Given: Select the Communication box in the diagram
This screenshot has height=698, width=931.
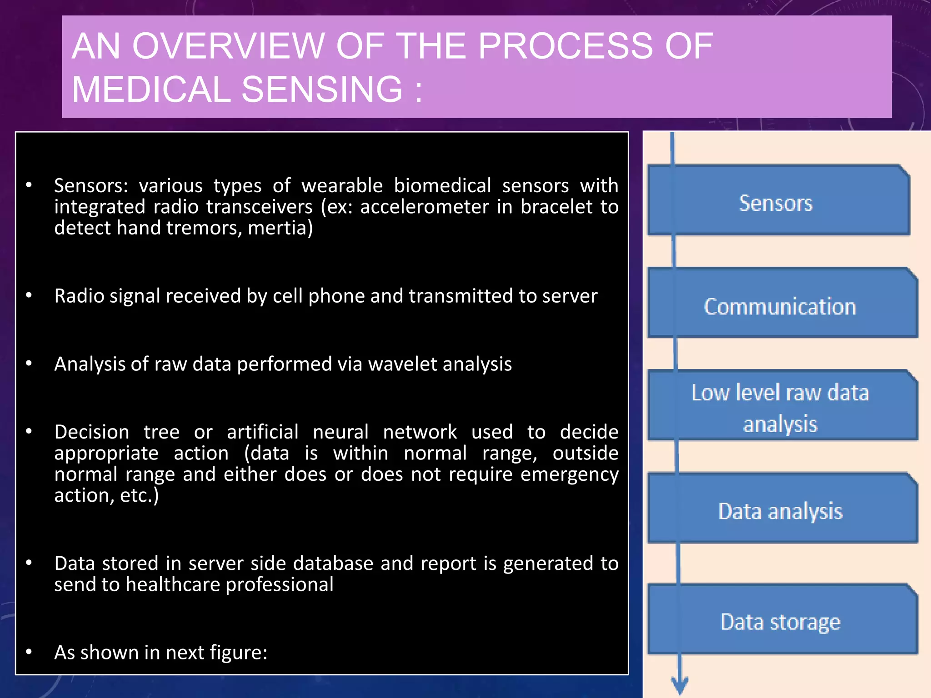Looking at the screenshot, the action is (782, 304).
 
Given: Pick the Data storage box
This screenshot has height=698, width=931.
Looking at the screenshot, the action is (782, 620).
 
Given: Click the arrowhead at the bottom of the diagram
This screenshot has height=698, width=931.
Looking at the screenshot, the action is (680, 684).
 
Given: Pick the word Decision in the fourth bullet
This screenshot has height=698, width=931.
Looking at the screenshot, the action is (92, 432).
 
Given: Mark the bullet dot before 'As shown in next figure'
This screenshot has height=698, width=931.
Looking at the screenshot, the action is (29, 652).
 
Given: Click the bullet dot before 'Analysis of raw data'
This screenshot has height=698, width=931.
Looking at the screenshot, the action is (29, 364).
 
